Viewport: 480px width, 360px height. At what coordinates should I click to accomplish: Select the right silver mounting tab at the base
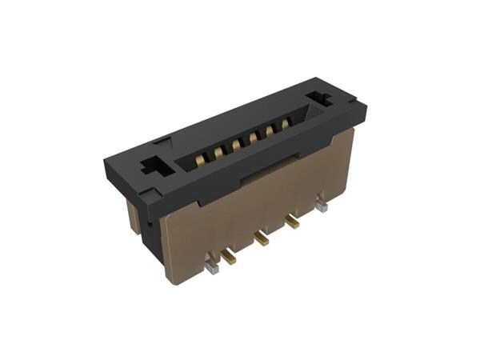[x=321, y=206]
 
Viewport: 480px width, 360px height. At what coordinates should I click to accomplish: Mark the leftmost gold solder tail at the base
[x=230, y=256]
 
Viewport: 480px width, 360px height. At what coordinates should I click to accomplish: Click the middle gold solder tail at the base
[x=261, y=237]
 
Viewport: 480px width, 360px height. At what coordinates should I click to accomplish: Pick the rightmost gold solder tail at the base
[x=293, y=222]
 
